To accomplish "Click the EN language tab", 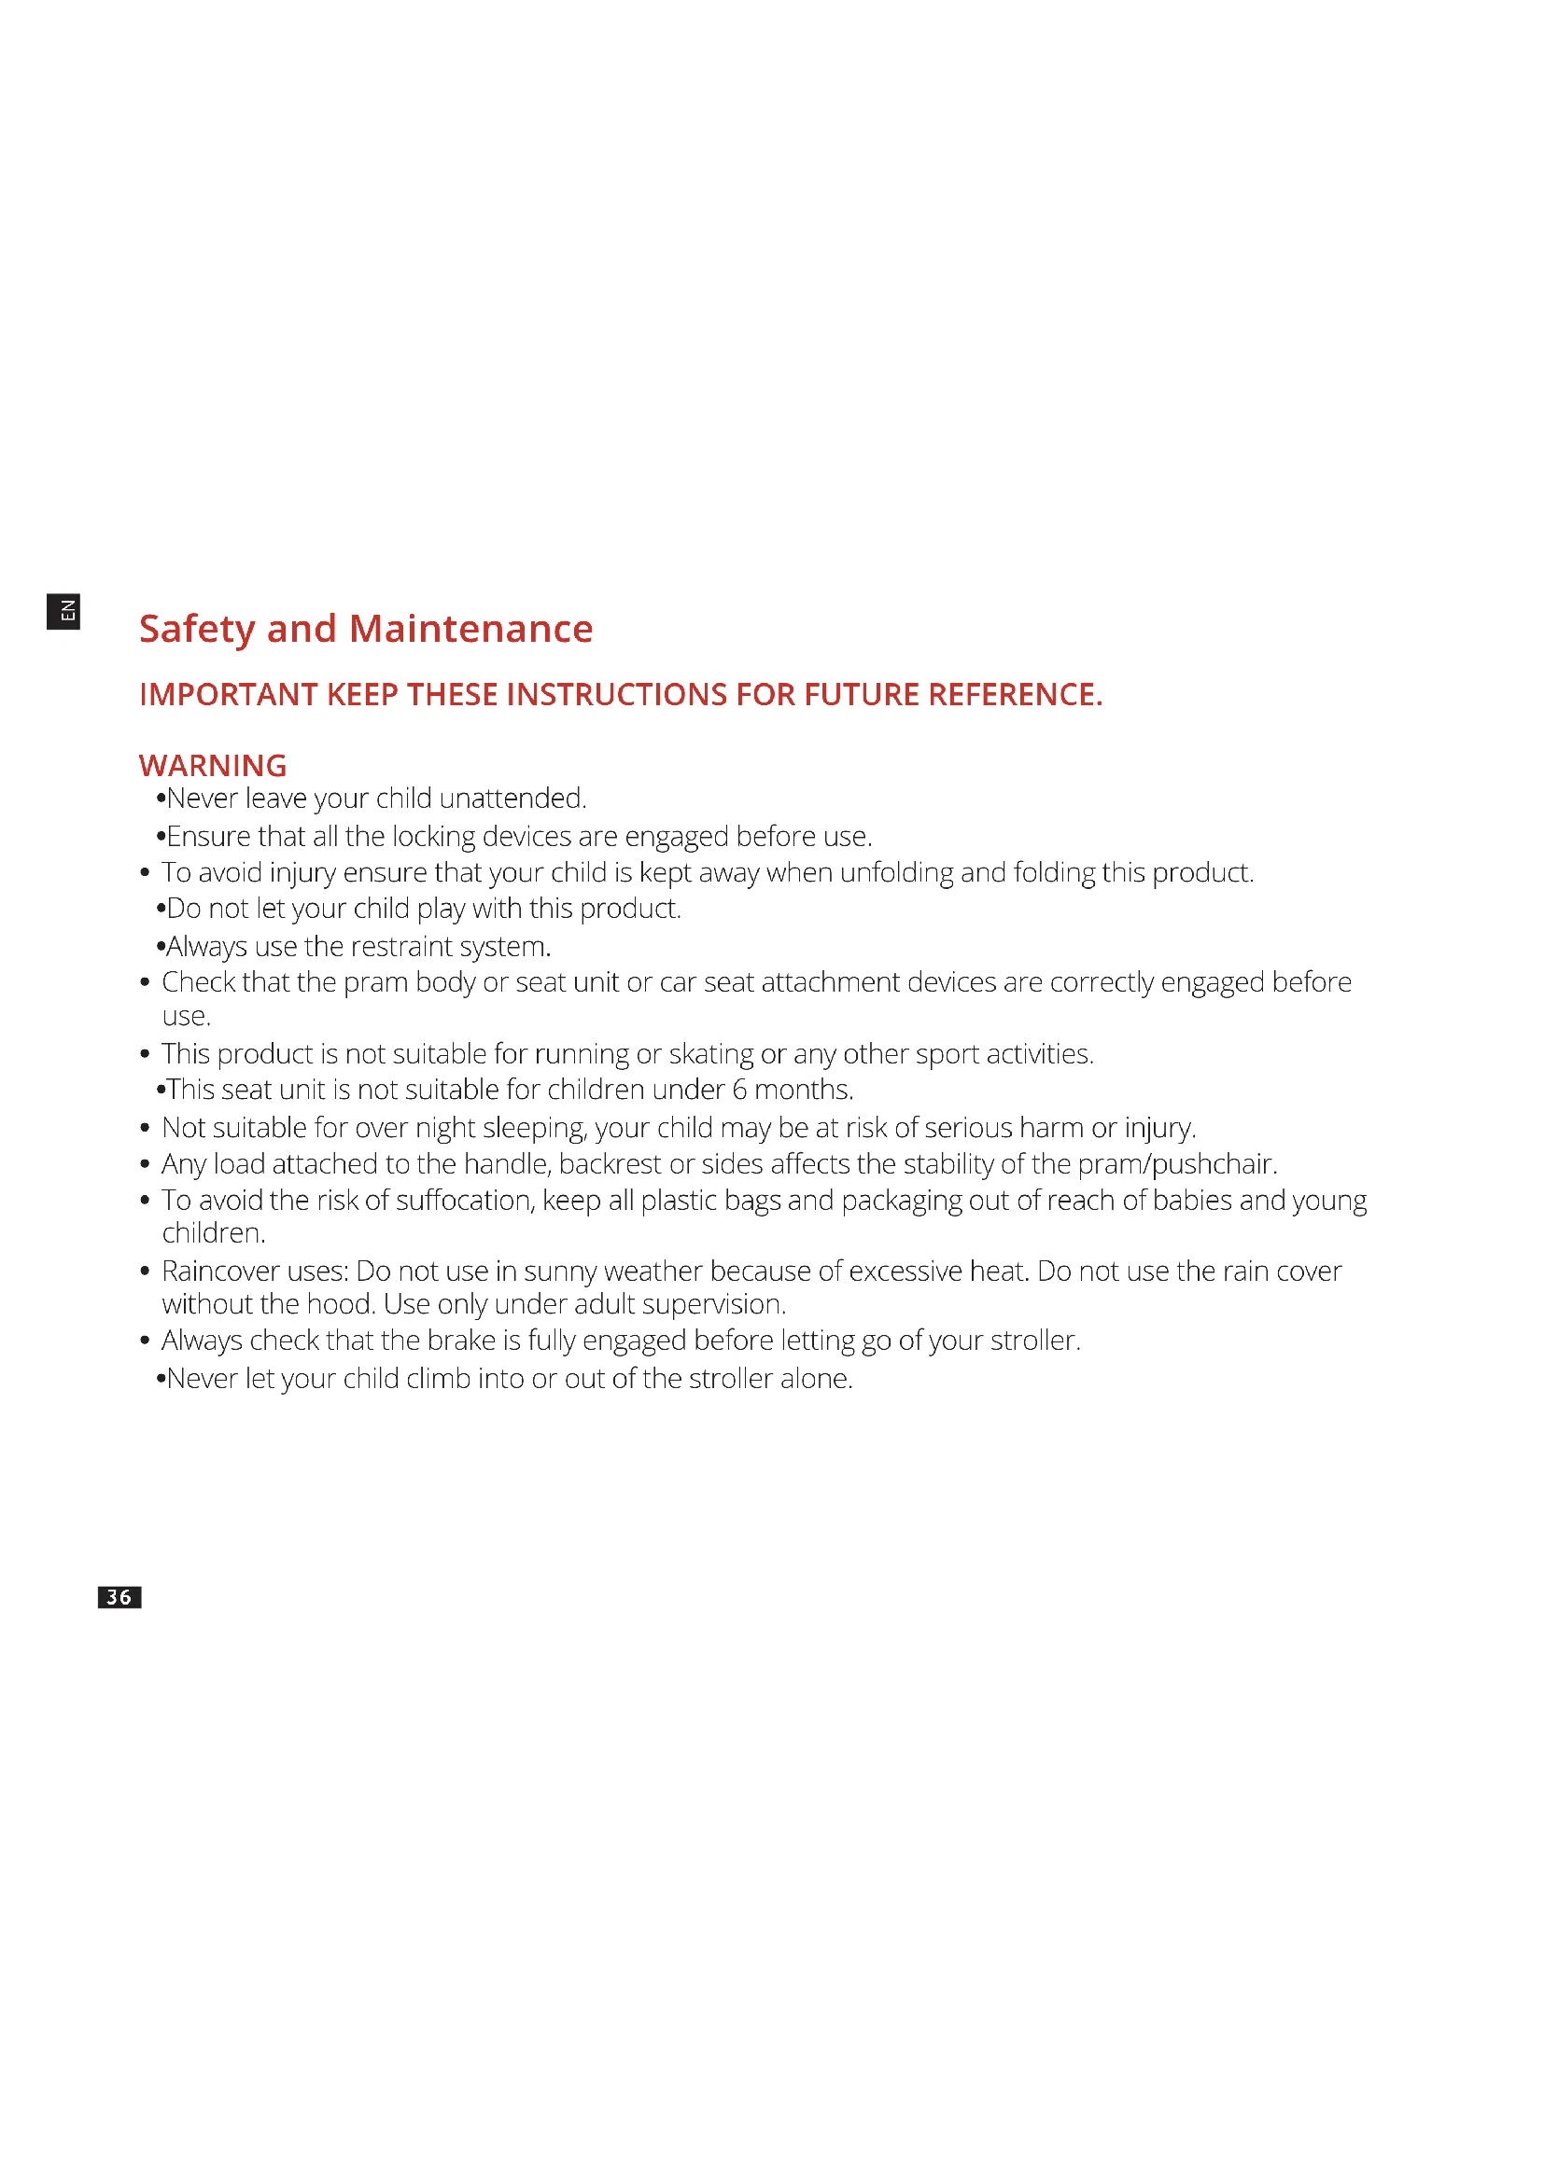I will [63, 611].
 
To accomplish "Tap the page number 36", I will [119, 1596].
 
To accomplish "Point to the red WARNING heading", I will [212, 765].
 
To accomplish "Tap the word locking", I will [433, 836].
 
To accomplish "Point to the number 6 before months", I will [739, 1089].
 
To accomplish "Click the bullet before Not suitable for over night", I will [145, 1128].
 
